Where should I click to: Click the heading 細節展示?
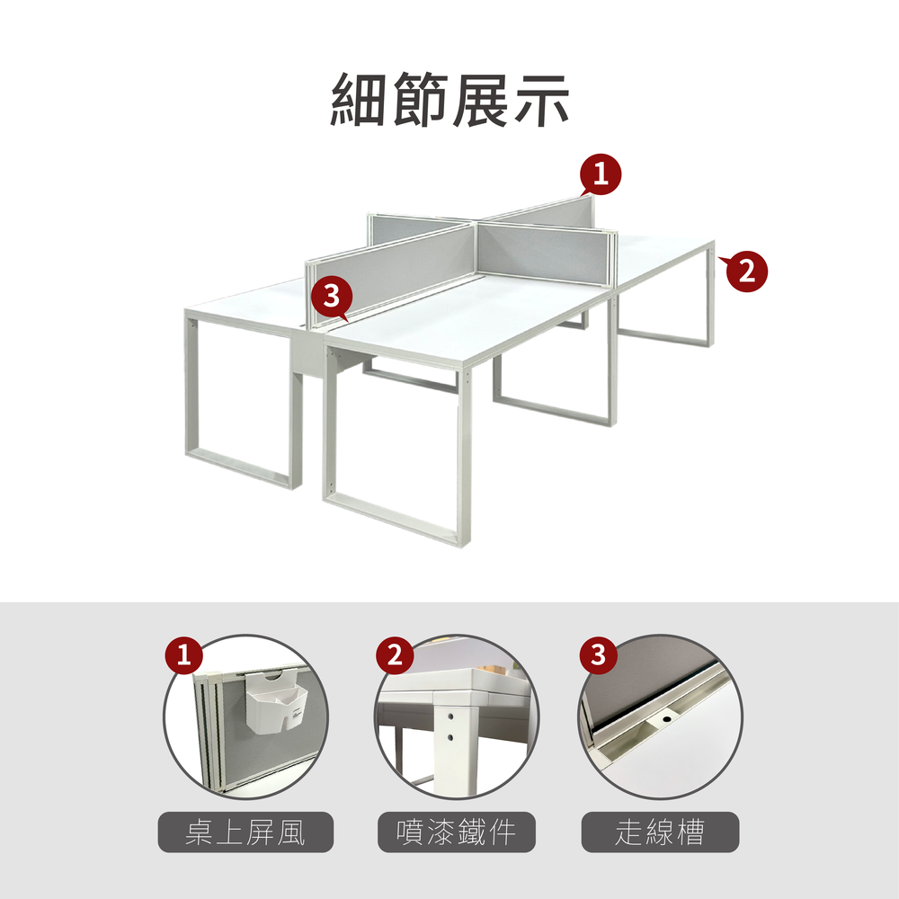click(449, 100)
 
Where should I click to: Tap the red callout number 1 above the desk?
click(601, 174)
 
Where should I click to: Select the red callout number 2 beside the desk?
click(746, 271)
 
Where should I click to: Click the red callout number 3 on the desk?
click(332, 298)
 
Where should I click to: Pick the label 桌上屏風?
click(245, 832)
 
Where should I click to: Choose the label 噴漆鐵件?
click(457, 832)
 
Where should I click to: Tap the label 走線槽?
click(660, 832)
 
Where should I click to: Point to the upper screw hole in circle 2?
click(450, 717)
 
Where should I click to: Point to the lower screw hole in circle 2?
click(450, 738)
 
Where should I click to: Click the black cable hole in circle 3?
click(667, 718)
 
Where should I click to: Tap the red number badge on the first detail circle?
click(184, 654)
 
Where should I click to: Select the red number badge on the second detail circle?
click(395, 654)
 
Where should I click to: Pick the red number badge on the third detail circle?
click(598, 654)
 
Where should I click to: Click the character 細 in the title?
click(359, 100)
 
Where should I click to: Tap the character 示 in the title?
click(541, 100)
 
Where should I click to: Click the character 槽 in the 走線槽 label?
click(690, 832)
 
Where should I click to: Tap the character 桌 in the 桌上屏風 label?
click(200, 832)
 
